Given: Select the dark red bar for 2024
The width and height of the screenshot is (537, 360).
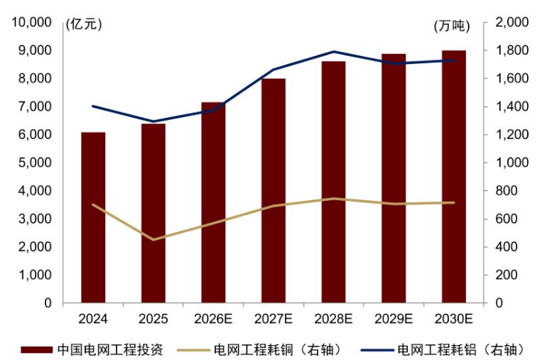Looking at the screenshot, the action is coord(93,217).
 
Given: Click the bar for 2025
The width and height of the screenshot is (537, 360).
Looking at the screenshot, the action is coord(153,213).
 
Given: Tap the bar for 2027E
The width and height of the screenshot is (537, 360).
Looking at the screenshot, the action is coord(273,190).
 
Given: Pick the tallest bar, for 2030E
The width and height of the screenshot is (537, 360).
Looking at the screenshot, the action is coord(454,177).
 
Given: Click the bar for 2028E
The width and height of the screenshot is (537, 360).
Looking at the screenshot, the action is coord(334,182).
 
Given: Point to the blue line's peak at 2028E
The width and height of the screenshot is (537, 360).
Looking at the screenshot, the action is coord(334,52).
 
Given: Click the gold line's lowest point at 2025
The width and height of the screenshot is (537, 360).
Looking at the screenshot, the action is coord(153,239).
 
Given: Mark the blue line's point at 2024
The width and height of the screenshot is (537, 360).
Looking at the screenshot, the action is coord(93,106).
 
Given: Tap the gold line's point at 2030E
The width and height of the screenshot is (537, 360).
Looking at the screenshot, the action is coord(454,202).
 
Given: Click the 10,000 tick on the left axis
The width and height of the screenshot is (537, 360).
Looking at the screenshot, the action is coord(32,23).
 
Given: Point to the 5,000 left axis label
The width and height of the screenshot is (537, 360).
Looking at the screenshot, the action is coord(35,163).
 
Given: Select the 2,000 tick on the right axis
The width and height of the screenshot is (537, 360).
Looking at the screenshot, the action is coord(511,23).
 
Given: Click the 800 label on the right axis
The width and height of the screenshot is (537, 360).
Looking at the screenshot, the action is coord(506,190).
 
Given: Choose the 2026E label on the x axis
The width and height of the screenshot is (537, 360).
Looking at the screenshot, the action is coord(213,319).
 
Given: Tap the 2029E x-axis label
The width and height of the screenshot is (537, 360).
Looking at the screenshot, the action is coord(394,319).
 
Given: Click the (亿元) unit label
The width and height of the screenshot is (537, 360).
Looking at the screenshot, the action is coord(84,25).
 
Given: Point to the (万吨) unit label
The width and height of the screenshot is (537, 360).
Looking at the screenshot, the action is coord(452,26).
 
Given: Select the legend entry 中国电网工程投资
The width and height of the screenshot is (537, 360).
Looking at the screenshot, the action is coord(92,350).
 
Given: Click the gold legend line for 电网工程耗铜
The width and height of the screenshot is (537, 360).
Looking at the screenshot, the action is coord(193,350).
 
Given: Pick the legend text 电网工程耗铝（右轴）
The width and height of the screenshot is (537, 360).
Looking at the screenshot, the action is coord(461,350).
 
